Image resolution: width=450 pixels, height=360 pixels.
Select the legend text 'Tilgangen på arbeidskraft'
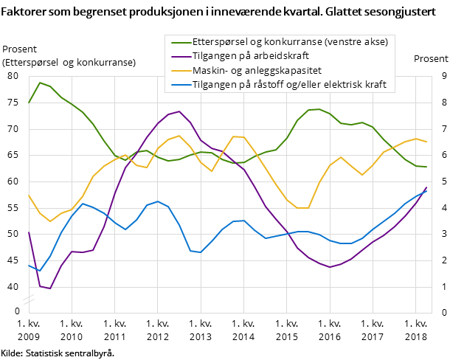[x=250, y=56]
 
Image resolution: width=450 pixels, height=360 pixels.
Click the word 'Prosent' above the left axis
[x=20, y=49]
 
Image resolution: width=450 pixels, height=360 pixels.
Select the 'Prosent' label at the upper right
[x=430, y=59]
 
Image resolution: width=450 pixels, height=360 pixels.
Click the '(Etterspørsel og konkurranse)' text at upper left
[x=69, y=63]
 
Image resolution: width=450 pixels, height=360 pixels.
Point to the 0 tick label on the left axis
[x=17, y=311]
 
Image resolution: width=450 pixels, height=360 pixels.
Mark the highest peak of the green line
[x=39, y=83]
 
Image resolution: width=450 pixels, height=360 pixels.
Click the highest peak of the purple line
[x=179, y=111]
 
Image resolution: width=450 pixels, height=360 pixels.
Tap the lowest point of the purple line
[x=49, y=288]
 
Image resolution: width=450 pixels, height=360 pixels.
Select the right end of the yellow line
[x=426, y=142]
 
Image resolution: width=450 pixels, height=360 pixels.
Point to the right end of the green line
[x=426, y=167]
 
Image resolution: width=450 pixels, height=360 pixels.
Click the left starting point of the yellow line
[x=29, y=195]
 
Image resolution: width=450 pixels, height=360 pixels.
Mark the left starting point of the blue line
[x=29, y=265]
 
